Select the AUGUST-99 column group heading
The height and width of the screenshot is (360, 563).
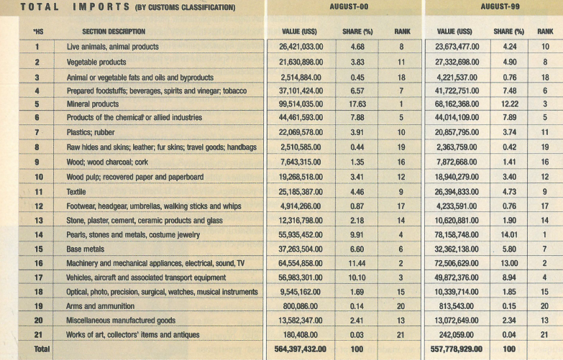pyautogui.click(x=500, y=6)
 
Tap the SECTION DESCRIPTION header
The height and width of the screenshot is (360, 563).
pyautogui.click(x=114, y=32)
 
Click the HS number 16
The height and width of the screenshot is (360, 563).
pyautogui.click(x=36, y=263)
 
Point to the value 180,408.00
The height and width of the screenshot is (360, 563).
pyautogui.click(x=306, y=335)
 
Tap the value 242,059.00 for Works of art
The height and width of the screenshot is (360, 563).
pyautogui.click(x=470, y=335)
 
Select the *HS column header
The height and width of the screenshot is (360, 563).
pyautogui.click(x=37, y=32)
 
